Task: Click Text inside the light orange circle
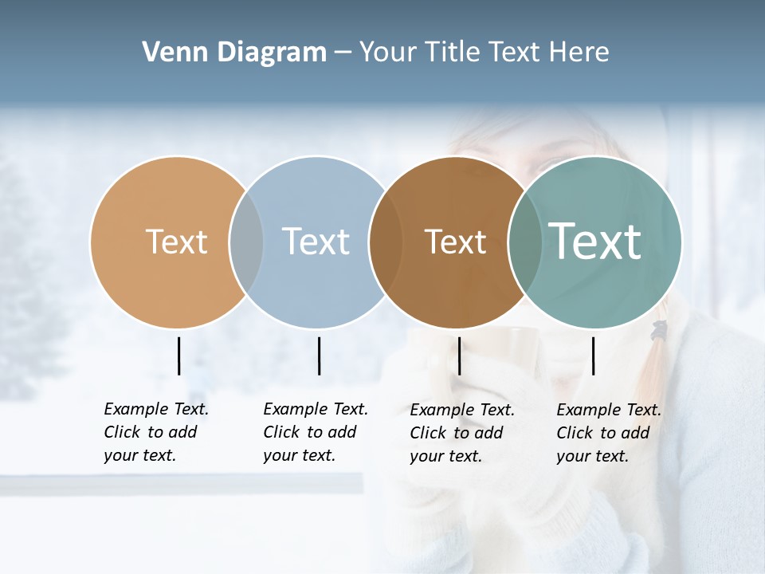click(176, 242)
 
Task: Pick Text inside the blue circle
click(316, 242)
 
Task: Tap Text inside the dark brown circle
click(455, 242)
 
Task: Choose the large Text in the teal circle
click(595, 242)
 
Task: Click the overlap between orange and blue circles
click(246, 242)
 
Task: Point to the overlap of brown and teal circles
click(525, 242)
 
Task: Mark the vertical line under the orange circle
click(179, 356)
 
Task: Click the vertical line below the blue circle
click(319, 356)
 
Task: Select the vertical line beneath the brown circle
click(459, 356)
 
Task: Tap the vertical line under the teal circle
click(593, 356)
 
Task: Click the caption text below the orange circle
click(155, 432)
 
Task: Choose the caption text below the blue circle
click(315, 432)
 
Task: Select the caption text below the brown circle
click(461, 433)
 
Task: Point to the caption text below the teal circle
click(608, 433)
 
